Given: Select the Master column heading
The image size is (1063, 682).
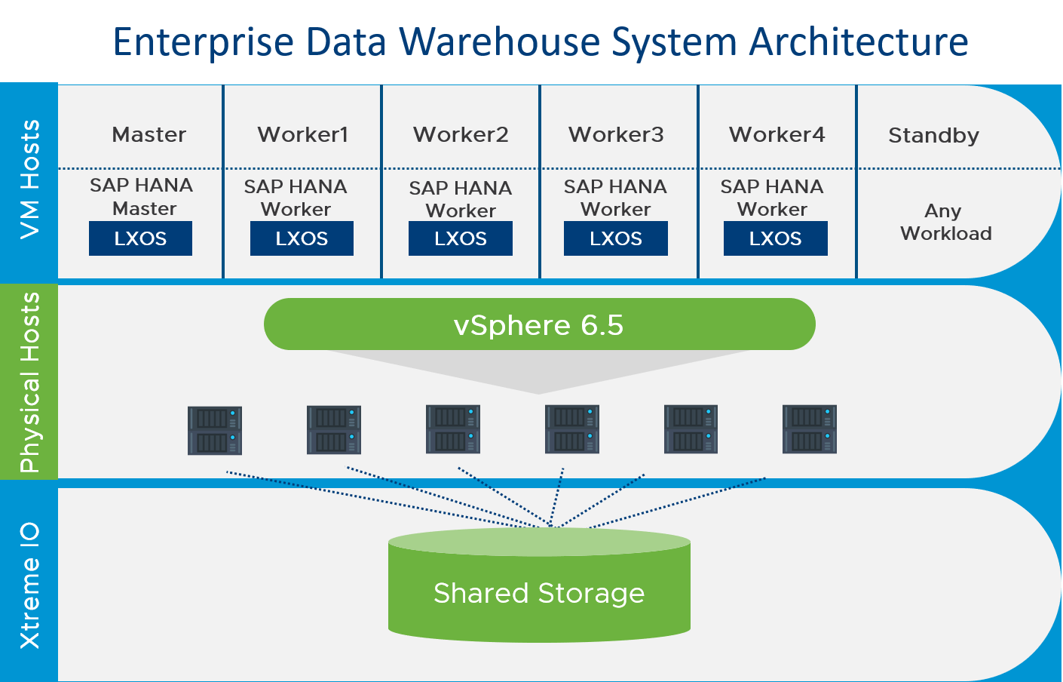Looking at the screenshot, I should [x=149, y=135].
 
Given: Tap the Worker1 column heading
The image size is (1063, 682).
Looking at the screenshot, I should [x=303, y=135].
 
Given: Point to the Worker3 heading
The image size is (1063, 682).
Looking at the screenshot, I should [x=616, y=135].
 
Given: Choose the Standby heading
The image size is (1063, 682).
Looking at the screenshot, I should [x=933, y=136].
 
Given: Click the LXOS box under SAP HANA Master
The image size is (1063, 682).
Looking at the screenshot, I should [x=140, y=238].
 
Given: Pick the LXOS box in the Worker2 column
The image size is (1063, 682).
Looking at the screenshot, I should [x=460, y=238].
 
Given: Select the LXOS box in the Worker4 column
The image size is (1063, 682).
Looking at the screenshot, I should [x=775, y=238].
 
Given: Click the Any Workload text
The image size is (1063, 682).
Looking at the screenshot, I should [x=945, y=222].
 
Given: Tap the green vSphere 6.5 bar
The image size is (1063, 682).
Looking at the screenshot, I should [x=539, y=324].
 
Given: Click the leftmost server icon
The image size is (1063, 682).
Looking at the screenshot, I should [x=215, y=430].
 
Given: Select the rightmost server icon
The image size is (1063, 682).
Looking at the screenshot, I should [x=810, y=430].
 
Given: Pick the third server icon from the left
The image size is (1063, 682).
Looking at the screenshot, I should [x=453, y=430].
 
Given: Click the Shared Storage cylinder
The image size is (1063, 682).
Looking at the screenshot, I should [x=539, y=592].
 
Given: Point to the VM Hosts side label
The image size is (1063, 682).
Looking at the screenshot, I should [x=29, y=180].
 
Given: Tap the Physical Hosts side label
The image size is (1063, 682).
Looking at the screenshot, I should [x=29, y=382].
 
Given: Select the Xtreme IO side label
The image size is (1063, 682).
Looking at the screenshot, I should [x=29, y=585].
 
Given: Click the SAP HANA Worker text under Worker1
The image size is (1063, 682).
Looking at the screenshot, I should [x=296, y=198].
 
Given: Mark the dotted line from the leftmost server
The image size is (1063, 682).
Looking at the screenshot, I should [x=377, y=499].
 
